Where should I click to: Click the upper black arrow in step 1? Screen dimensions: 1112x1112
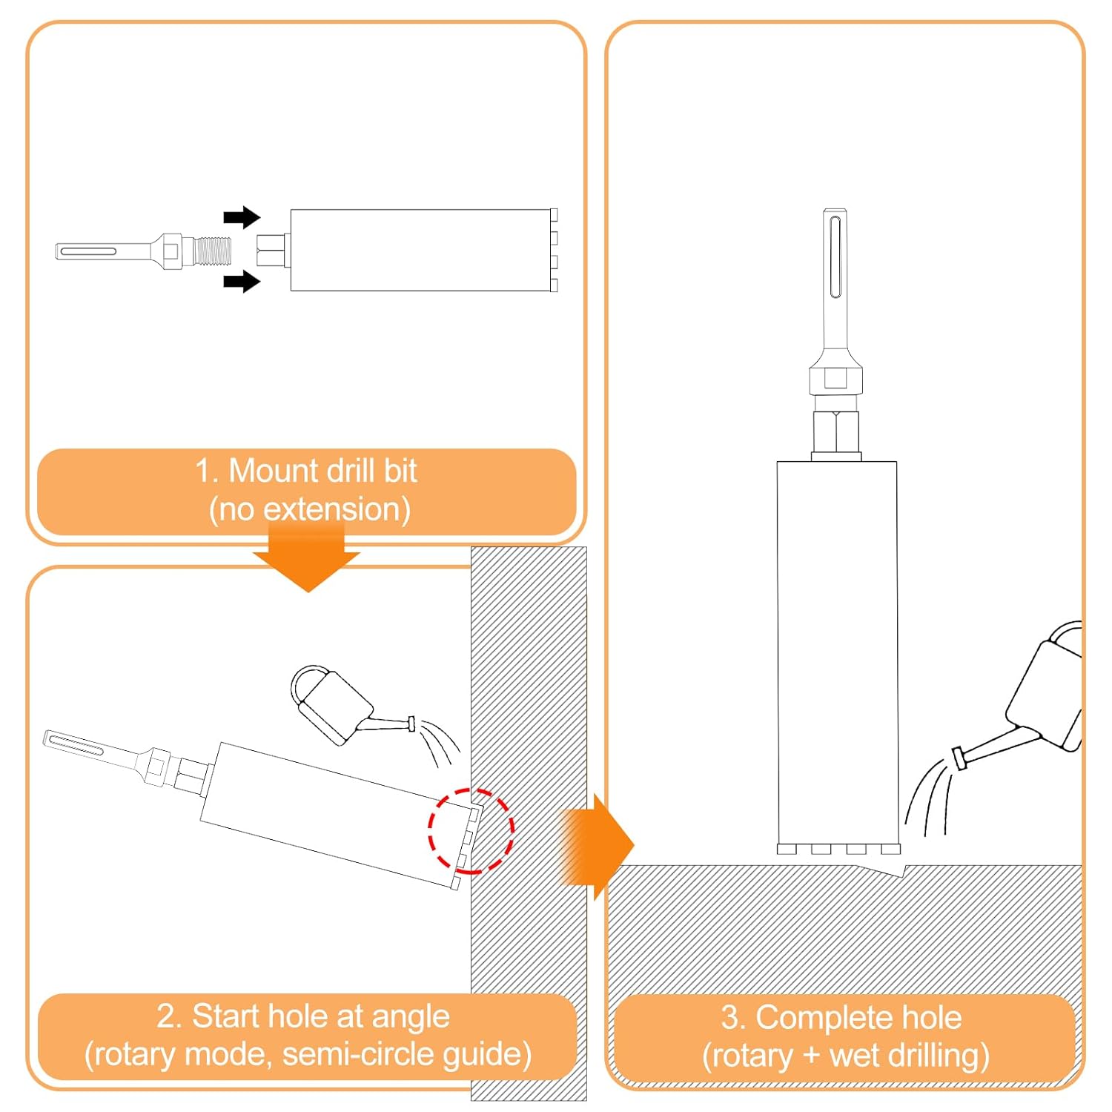pyautogui.click(x=241, y=217)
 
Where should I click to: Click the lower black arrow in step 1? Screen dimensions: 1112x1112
pyautogui.click(x=241, y=281)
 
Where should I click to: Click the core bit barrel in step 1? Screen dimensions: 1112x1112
pyautogui.click(x=419, y=250)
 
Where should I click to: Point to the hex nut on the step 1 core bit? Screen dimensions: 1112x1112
pyautogui.click(x=272, y=250)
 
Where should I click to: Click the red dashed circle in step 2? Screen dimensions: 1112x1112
pyautogui.click(x=471, y=830)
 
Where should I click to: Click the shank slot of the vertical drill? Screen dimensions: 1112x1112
pyautogui.click(x=835, y=256)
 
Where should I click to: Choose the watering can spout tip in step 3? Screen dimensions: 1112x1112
pyautogui.click(x=959, y=758)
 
